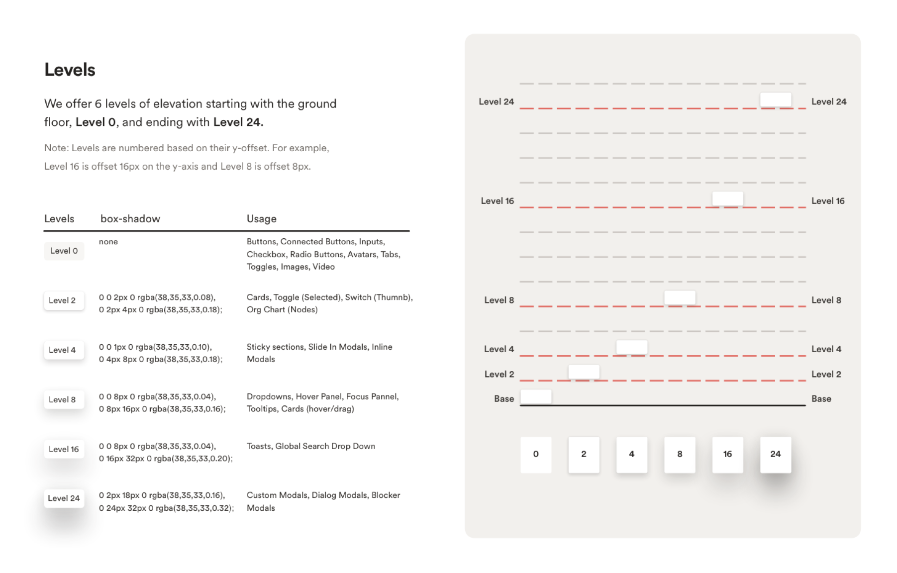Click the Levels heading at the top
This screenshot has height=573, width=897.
(x=70, y=70)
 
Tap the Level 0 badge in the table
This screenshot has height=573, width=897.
(x=64, y=251)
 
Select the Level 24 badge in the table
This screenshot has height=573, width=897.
(x=64, y=498)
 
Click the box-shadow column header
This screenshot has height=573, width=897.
(x=130, y=219)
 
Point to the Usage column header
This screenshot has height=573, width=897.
(x=262, y=219)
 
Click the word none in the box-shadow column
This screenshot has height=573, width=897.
(x=108, y=242)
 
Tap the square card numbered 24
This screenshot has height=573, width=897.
(x=775, y=454)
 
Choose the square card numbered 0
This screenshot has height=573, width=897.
(x=536, y=454)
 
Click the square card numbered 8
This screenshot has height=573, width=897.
(x=680, y=454)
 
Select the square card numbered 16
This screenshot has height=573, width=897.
(x=727, y=454)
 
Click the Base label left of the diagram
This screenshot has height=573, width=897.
(x=504, y=399)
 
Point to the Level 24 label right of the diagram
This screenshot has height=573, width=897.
(x=829, y=101)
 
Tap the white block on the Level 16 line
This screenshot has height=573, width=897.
(x=727, y=198)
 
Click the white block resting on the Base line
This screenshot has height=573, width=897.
(x=536, y=396)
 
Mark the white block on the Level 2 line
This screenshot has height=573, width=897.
(x=584, y=372)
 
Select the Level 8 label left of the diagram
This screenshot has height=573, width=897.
(x=499, y=300)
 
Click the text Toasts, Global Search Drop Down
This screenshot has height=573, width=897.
(x=311, y=446)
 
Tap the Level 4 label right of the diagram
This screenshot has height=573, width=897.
(x=826, y=349)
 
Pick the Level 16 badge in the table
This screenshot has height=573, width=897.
(x=64, y=449)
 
